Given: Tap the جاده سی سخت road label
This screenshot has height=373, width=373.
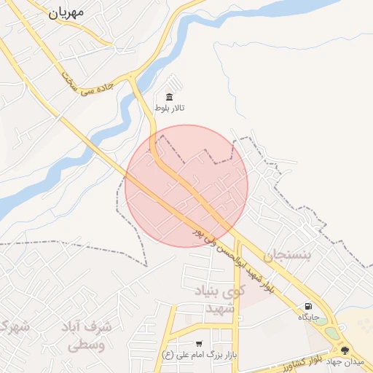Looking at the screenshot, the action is pyautogui.click(x=90, y=86).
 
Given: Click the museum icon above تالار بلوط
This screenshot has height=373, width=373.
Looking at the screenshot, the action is pyautogui.click(x=170, y=97).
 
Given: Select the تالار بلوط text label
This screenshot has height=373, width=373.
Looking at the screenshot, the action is pyautogui.click(x=170, y=109).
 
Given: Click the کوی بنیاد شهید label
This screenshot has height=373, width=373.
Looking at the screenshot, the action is pyautogui.click(x=216, y=300).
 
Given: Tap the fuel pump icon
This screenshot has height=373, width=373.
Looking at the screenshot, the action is pyautogui.click(x=310, y=306).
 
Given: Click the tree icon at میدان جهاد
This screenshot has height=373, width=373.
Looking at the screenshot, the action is pyautogui.click(x=345, y=350).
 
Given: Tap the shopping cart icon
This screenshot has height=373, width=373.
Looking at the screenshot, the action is pyautogui.click(x=199, y=343).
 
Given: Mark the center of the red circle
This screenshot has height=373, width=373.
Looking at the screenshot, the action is pyautogui.click(x=186, y=186).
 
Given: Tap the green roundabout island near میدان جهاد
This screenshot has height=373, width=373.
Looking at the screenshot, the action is pyautogui.click(x=332, y=333).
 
